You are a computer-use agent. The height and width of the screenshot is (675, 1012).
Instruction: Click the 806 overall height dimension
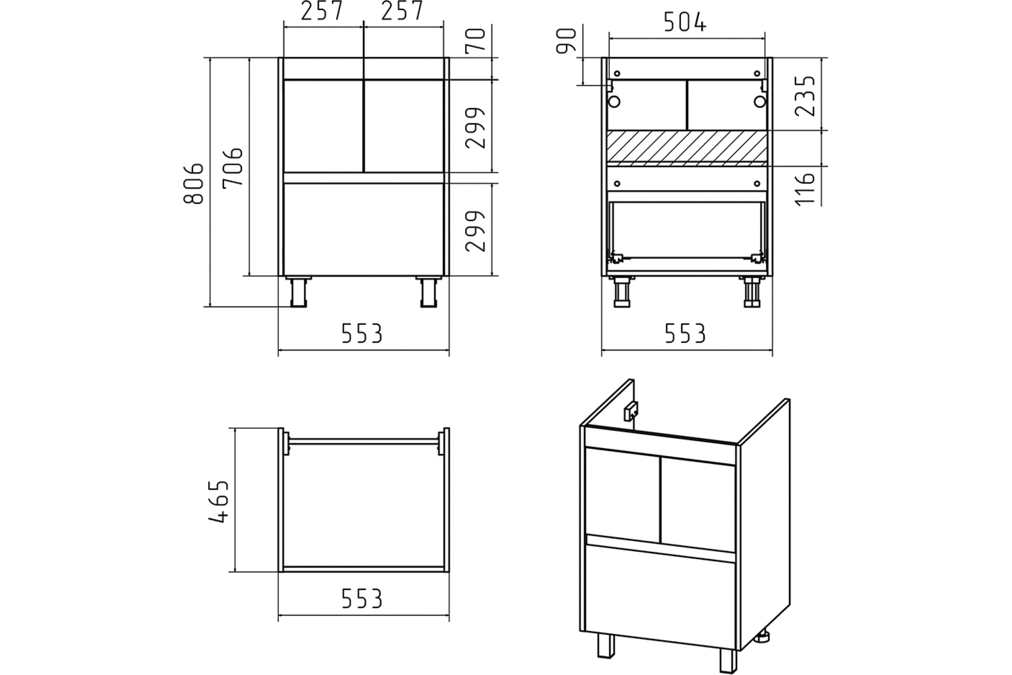point(193,184)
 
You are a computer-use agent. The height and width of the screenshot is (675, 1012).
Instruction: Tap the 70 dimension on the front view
point(476,41)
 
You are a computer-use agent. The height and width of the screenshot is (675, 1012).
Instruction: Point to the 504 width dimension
point(685,22)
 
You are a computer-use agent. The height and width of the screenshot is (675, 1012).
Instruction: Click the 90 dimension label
point(566,41)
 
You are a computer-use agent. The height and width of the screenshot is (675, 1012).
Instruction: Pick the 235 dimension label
point(805,96)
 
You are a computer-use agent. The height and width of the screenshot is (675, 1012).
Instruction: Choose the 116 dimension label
point(805,190)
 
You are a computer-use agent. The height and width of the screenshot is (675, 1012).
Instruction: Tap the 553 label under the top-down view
point(362,599)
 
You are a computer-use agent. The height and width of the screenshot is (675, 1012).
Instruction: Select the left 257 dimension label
point(322,11)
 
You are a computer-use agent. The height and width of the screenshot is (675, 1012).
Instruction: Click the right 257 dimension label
point(402,11)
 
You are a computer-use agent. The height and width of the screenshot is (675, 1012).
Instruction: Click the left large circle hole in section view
point(614,102)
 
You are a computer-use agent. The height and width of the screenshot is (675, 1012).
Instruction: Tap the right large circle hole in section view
point(760,102)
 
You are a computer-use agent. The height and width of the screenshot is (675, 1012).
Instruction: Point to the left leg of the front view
point(299,292)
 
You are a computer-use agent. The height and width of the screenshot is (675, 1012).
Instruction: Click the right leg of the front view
point(428,292)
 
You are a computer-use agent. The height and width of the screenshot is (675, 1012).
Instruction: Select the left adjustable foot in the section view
point(622,292)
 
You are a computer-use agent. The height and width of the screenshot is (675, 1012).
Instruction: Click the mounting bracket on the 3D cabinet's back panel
point(631,411)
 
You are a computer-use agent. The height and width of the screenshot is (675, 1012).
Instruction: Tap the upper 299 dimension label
point(476,128)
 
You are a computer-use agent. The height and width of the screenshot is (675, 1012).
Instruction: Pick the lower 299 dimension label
point(476,231)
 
